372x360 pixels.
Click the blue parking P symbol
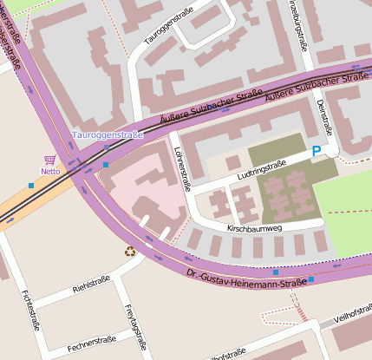317,152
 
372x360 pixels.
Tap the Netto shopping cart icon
49,160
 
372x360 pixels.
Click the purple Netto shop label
49,172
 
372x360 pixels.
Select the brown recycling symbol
130,252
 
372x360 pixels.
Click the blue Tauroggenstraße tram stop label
108,135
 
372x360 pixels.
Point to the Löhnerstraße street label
182,168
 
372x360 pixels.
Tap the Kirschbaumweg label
255,228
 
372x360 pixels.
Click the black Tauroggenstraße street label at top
168,27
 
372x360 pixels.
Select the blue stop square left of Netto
31,185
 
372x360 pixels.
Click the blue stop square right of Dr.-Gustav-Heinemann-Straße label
310,279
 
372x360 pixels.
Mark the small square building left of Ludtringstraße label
232,162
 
